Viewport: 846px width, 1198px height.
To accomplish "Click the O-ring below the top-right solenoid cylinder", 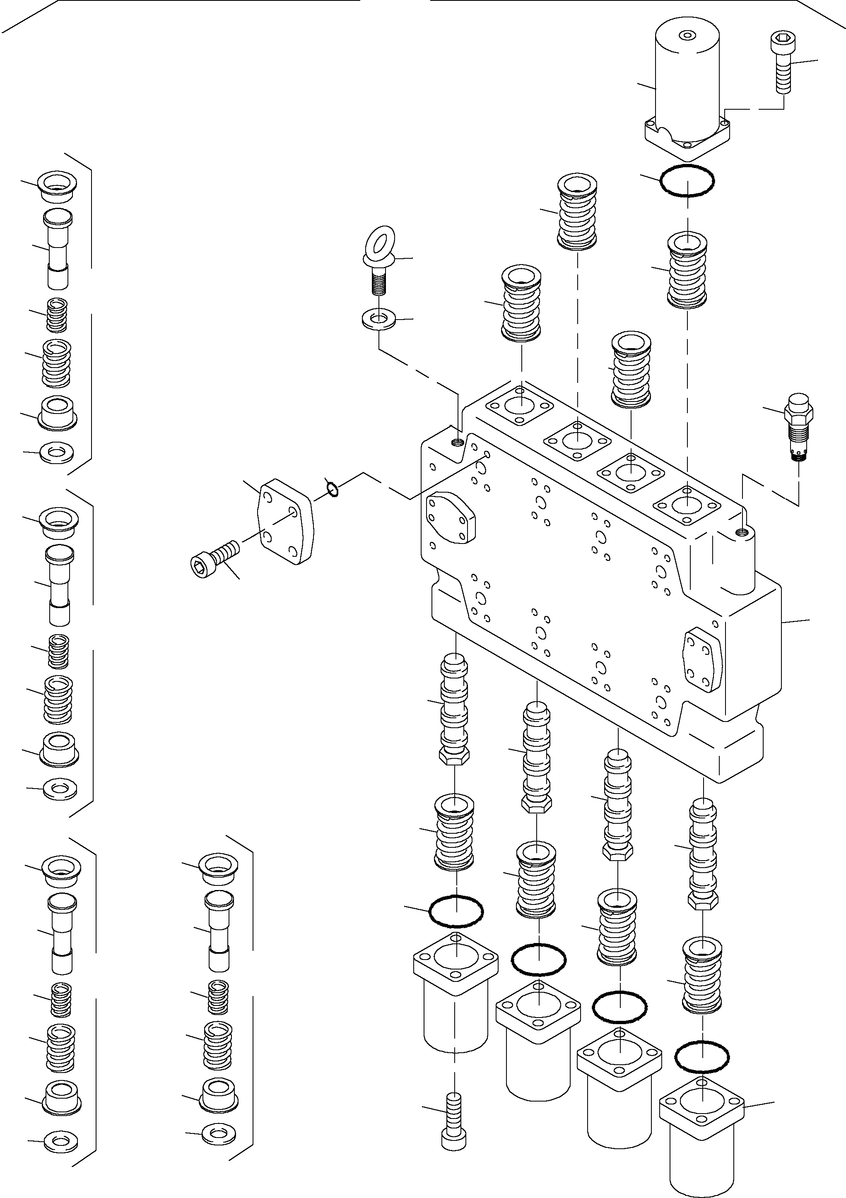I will point(687,180).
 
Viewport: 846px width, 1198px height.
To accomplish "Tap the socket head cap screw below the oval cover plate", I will point(215,559).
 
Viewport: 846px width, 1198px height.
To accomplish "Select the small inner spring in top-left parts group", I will point(56,315).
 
